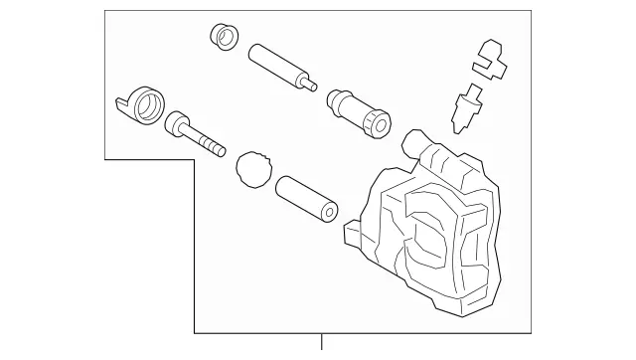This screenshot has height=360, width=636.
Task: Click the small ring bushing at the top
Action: click(225, 37)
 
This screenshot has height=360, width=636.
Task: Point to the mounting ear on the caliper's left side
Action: click(353, 237)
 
